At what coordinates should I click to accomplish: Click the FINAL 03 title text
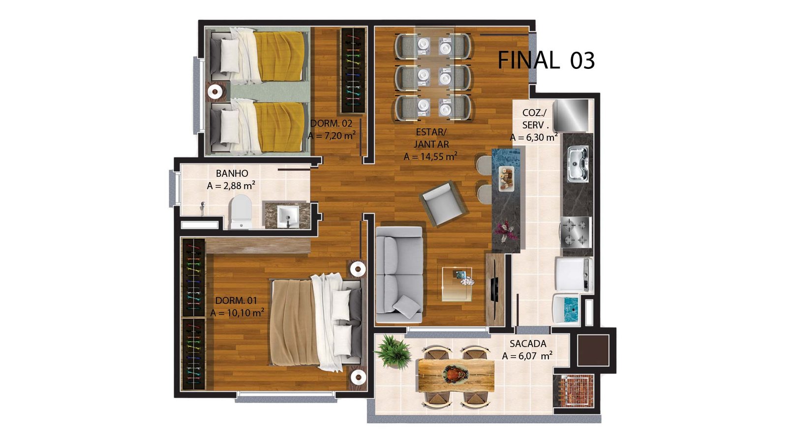click(x=546, y=61)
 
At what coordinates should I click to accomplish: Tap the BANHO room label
click(x=232, y=173)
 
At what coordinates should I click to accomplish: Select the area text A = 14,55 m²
click(x=430, y=157)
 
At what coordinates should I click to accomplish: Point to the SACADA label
click(x=528, y=344)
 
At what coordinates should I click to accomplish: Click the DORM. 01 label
click(x=236, y=301)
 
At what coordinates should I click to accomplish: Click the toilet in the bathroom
click(x=241, y=212)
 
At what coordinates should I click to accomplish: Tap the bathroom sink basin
click(x=288, y=217)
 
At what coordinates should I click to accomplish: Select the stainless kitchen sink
click(x=578, y=164)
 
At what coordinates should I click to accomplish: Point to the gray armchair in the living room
click(x=444, y=204)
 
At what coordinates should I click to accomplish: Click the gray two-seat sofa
click(x=399, y=275)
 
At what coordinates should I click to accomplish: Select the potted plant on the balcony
click(x=393, y=351)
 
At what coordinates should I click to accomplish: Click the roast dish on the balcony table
click(x=456, y=374)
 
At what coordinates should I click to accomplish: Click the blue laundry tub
click(x=566, y=309)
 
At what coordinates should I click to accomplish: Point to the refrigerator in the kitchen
click(x=571, y=115)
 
